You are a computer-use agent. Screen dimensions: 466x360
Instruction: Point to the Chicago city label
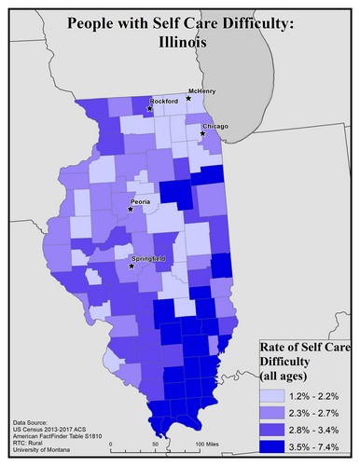[x=215, y=126]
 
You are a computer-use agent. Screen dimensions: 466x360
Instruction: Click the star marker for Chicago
[x=202, y=133]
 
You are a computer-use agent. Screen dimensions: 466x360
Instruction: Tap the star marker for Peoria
[x=132, y=209]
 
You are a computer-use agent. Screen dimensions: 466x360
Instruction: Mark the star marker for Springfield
[x=132, y=267]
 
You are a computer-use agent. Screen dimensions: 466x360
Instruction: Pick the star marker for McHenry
[x=189, y=97]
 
